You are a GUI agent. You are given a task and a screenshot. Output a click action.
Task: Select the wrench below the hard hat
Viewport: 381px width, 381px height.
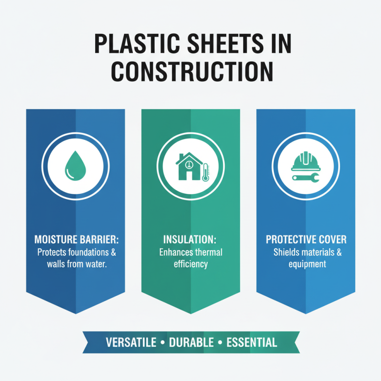(306, 178)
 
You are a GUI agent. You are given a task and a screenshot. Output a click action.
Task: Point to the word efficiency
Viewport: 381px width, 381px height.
(190, 263)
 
